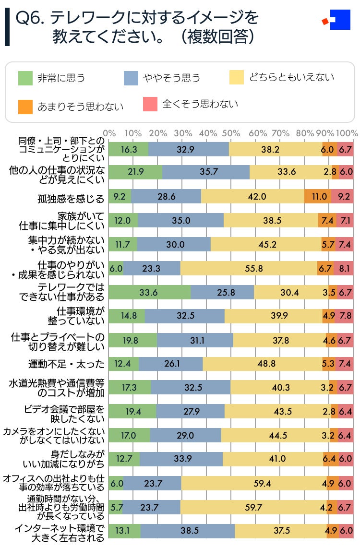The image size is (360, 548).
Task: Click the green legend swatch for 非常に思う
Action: (25, 78)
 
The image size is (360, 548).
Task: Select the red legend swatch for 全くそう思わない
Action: (150, 104)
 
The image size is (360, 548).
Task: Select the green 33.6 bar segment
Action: (150, 292)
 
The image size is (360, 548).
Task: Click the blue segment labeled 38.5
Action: (187, 531)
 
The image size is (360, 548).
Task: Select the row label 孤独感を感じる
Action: (71, 197)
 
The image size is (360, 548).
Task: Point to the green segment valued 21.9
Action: (135, 172)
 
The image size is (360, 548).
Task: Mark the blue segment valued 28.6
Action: (166, 196)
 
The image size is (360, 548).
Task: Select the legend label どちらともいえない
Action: (291, 77)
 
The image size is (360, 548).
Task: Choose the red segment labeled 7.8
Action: (345, 316)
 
